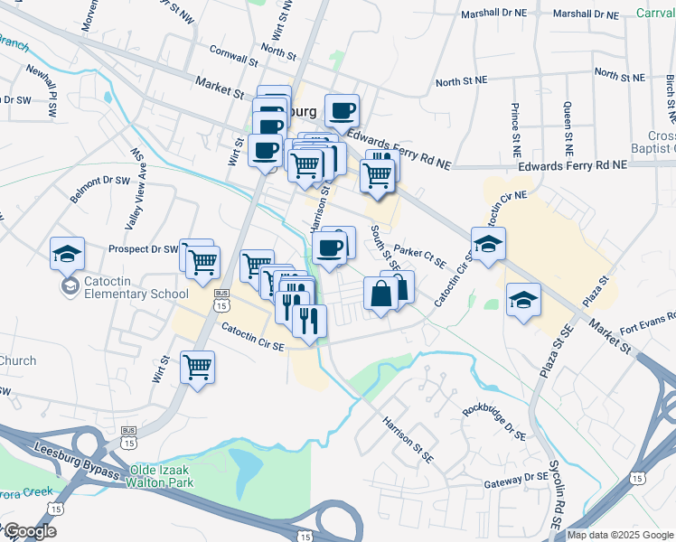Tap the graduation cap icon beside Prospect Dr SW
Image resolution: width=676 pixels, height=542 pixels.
click(67, 256)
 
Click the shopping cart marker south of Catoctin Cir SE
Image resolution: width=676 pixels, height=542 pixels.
click(197, 369)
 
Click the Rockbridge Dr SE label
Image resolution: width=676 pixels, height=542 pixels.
click(493, 420)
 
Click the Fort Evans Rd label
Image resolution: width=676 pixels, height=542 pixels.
click(647, 323)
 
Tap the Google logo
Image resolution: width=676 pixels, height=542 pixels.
click(30, 531)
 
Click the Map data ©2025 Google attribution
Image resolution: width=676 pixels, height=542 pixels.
click(620, 535)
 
